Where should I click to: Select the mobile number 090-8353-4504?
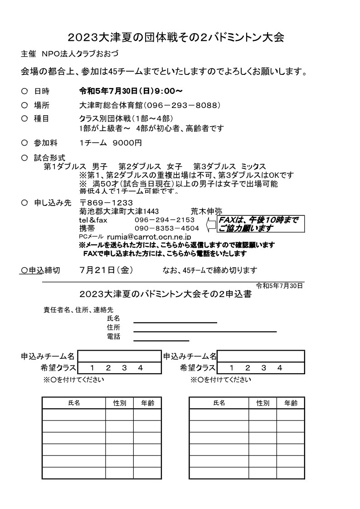pyautogui.click(x=167, y=228)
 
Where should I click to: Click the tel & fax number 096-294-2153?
pyautogui.click(x=165, y=220)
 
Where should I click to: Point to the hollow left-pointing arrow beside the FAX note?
pyautogui.click(x=211, y=224)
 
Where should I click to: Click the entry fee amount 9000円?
pyautogui.click(x=127, y=143)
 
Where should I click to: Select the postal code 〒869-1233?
pyautogui.click(x=106, y=203)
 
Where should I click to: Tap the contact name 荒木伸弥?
pyautogui.click(x=206, y=211)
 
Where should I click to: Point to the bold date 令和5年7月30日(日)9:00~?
pyautogui.click(x=131, y=90)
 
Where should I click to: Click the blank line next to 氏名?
pyautogui.click(x=175, y=322)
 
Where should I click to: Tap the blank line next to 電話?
pyautogui.click(x=161, y=340)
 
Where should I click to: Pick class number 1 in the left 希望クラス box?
pyautogui.click(x=92, y=368)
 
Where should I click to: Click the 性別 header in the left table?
pyautogui.click(x=120, y=403)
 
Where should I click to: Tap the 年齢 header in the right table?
pyautogui.click(x=291, y=403)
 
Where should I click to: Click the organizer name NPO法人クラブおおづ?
pyautogui.click(x=80, y=54)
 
